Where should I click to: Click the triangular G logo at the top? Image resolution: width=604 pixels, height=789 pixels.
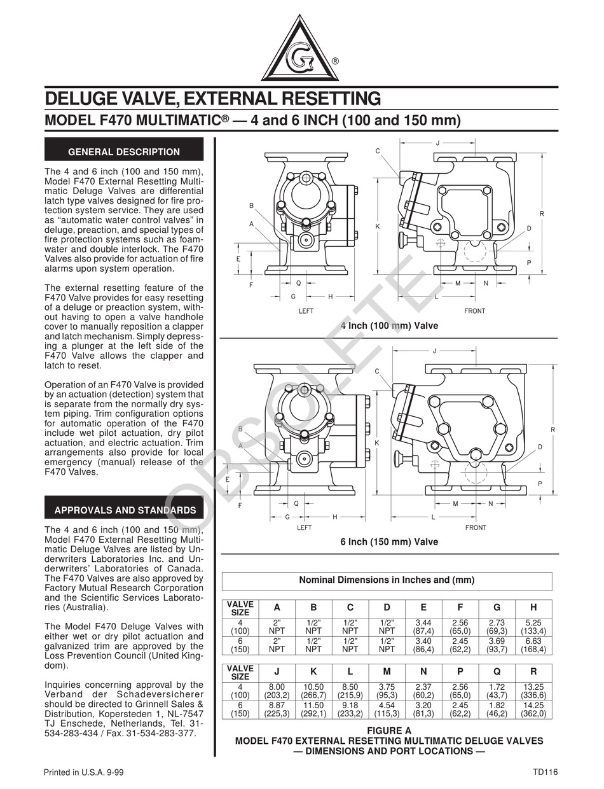coord(301,51)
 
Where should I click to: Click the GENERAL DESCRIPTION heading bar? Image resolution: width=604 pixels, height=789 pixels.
coord(124,152)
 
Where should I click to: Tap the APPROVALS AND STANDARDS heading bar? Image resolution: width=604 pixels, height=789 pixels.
coord(124,510)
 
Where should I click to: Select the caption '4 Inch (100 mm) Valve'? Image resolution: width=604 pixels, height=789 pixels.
coord(389,326)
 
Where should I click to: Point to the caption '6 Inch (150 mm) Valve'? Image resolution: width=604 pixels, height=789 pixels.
coord(389,542)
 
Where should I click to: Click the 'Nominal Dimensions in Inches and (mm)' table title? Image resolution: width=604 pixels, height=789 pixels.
coord(387,580)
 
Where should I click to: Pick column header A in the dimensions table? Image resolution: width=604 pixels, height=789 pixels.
coord(277,608)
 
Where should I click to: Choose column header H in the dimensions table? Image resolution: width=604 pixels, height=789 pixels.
coord(533,608)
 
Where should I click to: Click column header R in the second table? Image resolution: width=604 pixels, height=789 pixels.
coord(533,672)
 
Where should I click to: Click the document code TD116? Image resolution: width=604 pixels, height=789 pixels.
coord(546,772)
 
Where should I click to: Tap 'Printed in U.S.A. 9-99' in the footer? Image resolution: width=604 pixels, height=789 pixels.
coord(83,772)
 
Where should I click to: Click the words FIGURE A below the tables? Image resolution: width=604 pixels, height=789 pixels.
coord(389,730)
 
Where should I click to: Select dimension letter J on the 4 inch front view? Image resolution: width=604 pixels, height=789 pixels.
coord(437,143)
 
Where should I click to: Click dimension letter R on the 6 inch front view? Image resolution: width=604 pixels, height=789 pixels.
coord(553,430)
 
